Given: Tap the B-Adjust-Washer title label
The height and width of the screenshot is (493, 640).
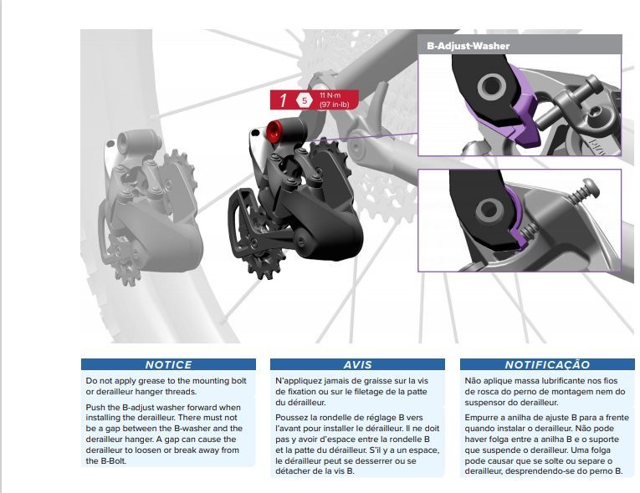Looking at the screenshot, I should click(x=468, y=45).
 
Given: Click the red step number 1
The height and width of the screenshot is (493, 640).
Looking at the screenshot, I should click(x=283, y=101).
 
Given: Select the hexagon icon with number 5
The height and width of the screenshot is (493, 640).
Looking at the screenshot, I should click(x=304, y=101).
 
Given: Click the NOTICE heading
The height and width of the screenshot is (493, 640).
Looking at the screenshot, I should click(x=168, y=364).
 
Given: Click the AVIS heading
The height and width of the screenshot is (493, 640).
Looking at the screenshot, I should click(x=358, y=364).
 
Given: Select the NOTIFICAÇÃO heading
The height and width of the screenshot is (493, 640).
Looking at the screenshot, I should click(x=547, y=364).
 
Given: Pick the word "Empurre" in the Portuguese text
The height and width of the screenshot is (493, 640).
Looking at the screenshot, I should click(x=484, y=415).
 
